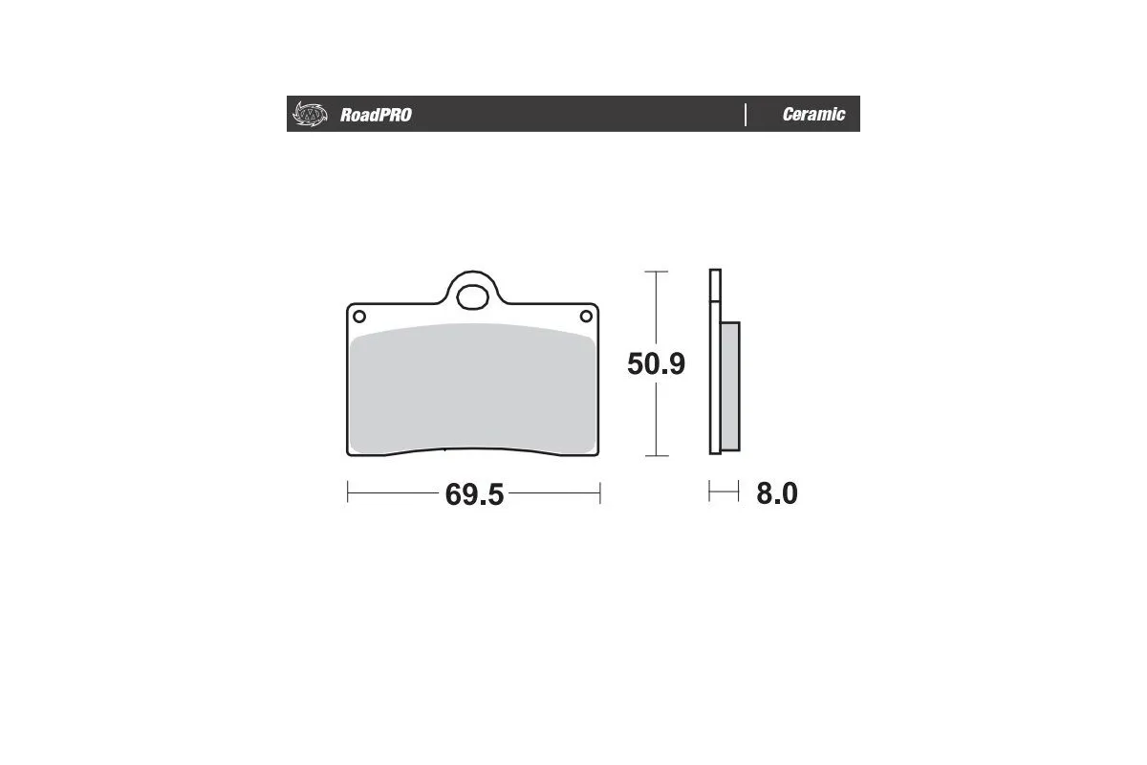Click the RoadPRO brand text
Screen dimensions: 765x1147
click(x=376, y=115)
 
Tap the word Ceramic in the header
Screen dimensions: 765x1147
click(x=813, y=115)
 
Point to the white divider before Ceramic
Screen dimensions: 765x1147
click(x=745, y=115)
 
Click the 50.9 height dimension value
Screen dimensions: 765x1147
click(x=656, y=364)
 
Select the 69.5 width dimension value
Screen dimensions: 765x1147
click(x=474, y=494)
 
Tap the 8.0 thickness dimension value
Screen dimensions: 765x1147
click(x=776, y=493)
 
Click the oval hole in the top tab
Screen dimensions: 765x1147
click(x=471, y=296)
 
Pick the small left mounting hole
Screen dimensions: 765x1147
click(x=358, y=317)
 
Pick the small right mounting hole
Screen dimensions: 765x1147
click(x=586, y=317)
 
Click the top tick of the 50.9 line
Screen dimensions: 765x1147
click(x=655, y=273)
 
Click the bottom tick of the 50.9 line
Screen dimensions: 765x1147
click(x=655, y=456)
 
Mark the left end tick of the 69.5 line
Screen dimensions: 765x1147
click(x=347, y=492)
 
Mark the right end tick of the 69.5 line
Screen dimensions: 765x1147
click(x=598, y=492)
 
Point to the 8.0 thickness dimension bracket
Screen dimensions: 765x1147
click(x=724, y=492)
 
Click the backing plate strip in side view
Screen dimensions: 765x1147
click(x=713, y=363)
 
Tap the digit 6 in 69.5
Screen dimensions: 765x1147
click(x=454, y=494)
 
